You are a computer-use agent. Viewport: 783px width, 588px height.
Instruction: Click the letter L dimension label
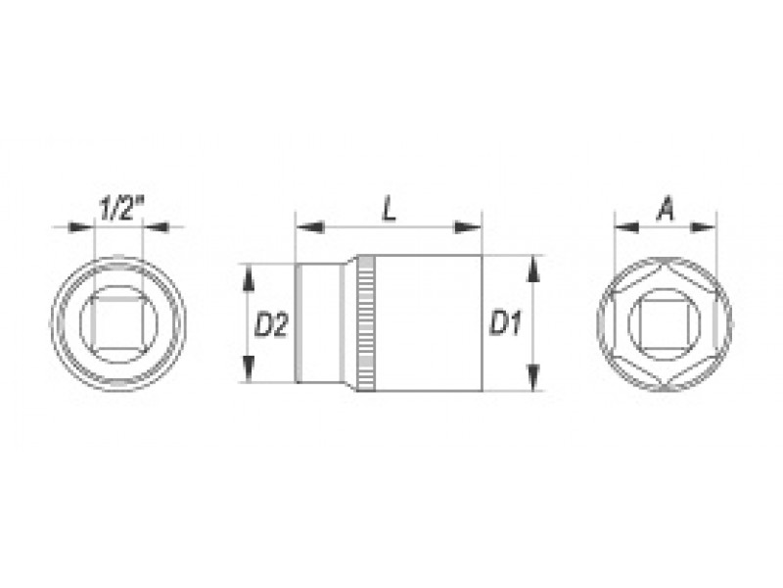389,209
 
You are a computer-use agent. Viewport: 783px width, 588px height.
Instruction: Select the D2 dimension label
271,324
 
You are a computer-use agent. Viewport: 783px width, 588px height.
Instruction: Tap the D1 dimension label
505,322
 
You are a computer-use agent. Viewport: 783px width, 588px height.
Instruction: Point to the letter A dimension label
666,209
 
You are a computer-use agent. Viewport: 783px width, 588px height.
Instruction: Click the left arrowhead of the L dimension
309,227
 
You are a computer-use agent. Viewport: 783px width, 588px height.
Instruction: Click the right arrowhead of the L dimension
468,227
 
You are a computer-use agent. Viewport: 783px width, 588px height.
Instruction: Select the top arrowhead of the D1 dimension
533,269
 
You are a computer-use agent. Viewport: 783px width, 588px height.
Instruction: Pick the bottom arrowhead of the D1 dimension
533,377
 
